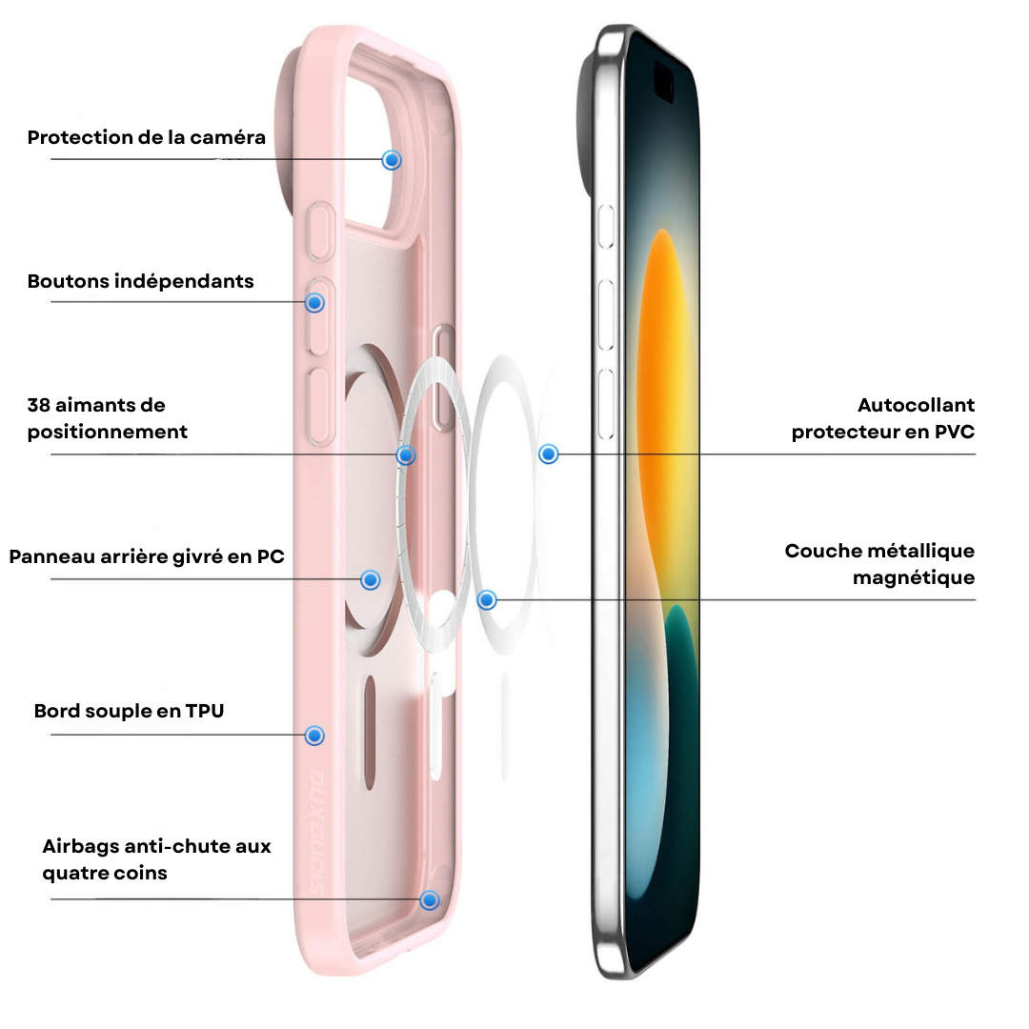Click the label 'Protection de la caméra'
point(147,138)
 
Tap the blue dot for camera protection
point(392,160)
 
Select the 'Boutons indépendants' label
point(140,281)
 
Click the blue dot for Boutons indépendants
point(315,303)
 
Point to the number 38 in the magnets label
point(38,405)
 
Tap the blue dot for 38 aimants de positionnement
point(406,454)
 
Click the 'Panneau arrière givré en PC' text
point(147,556)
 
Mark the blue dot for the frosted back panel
point(371,579)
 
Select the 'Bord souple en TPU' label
point(130,711)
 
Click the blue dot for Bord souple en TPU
point(315,736)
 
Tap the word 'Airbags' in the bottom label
point(81,847)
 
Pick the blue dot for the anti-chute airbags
point(430,899)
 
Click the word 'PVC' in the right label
point(955,432)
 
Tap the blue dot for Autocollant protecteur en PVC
point(549,454)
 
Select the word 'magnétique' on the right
point(914,578)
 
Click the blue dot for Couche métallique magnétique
point(487,599)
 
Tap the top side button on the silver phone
point(606,227)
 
